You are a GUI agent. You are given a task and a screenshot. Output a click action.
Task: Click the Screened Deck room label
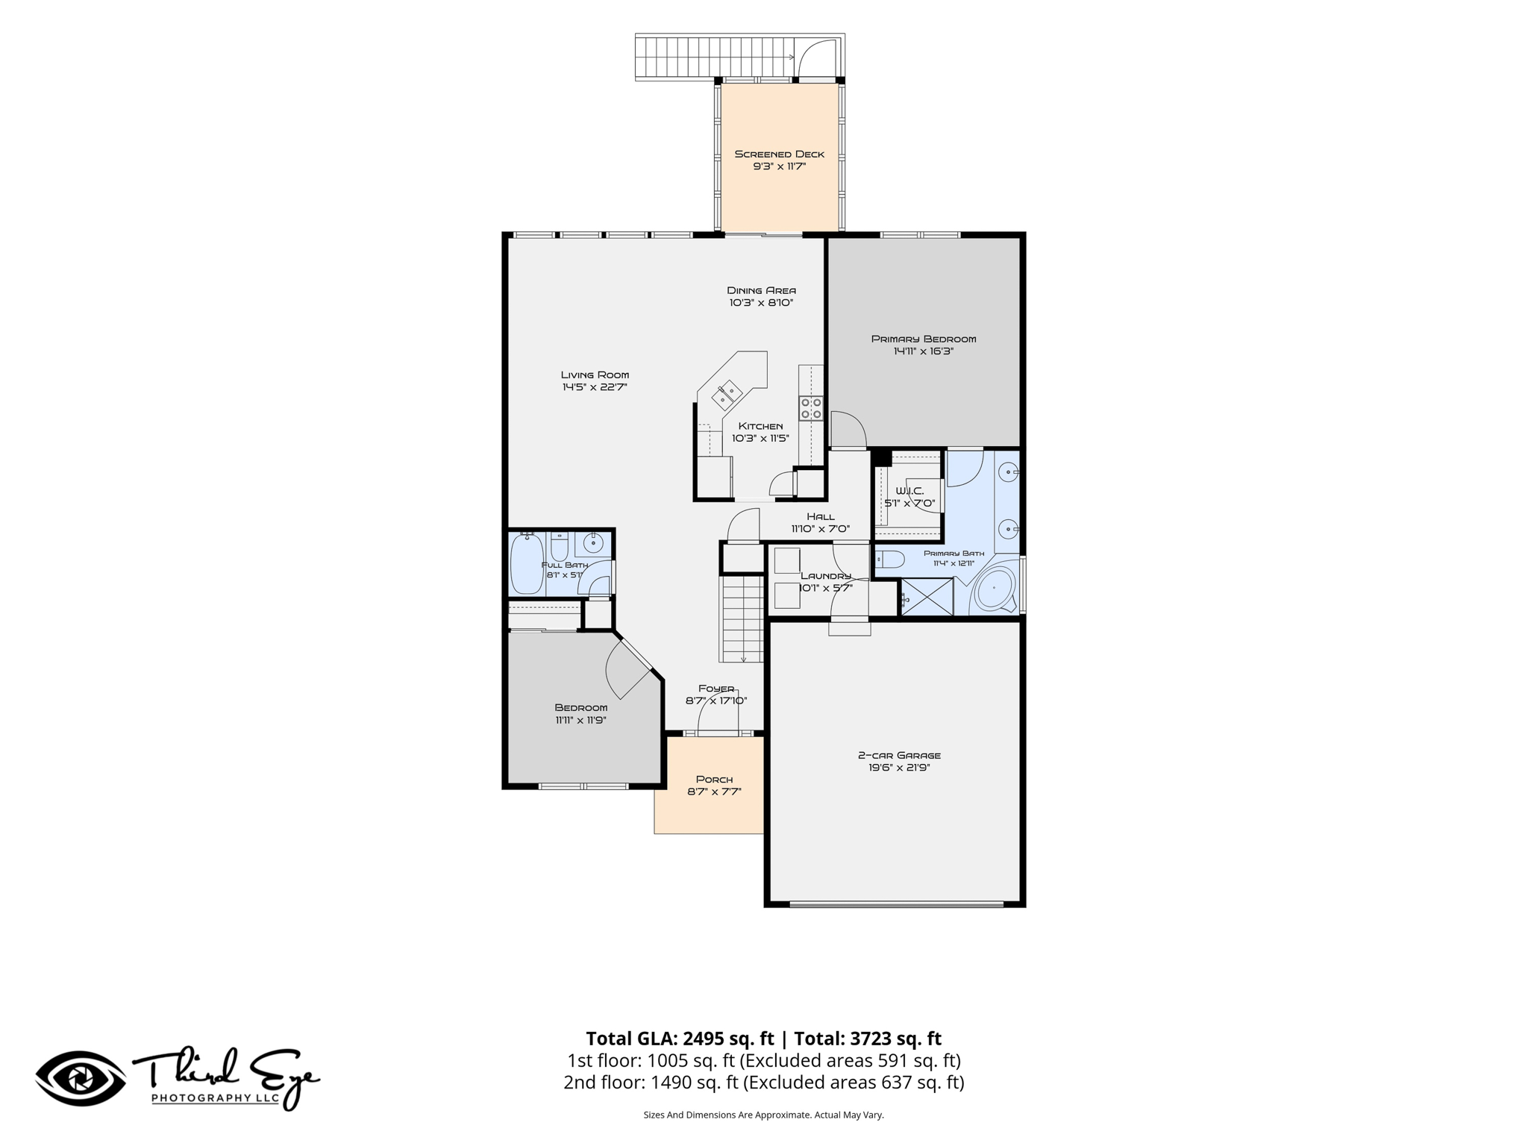tap(780, 154)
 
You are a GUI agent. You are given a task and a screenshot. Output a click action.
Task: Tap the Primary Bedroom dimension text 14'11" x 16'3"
tap(924, 351)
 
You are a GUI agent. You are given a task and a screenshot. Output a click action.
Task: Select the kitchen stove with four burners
tap(811, 407)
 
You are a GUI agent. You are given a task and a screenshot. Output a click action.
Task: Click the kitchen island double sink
tap(726, 395)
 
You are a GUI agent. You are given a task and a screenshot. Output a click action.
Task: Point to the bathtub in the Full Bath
tap(527, 563)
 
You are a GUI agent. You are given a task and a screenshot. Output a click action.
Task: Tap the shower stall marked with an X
tap(927, 597)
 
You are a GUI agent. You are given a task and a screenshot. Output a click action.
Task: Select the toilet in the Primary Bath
tap(889, 559)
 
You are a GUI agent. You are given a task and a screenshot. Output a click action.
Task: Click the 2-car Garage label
tap(899, 755)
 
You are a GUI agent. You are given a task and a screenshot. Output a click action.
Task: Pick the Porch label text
tap(714, 780)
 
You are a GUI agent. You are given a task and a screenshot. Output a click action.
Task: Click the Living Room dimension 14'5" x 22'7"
tap(595, 387)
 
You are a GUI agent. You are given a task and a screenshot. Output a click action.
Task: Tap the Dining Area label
tap(761, 290)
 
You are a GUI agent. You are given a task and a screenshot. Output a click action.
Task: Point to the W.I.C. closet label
tap(909, 491)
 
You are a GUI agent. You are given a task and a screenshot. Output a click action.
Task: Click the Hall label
tap(821, 516)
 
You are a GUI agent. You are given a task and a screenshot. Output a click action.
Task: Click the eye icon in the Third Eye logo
tap(81, 1078)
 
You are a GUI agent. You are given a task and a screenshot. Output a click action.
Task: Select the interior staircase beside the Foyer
tap(742, 618)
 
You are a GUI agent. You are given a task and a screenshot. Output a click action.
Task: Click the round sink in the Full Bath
tap(593, 542)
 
